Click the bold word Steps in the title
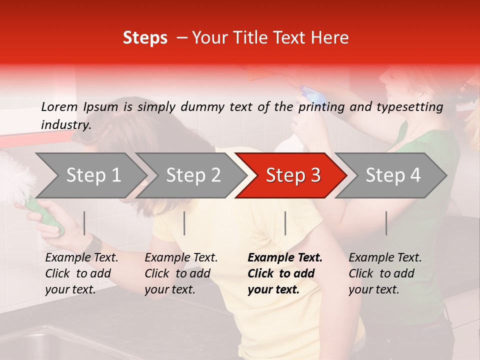pyautogui.click(x=145, y=38)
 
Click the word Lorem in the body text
pyautogui.click(x=59, y=106)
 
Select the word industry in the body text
pyautogui.click(x=65, y=125)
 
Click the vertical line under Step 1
pyautogui.click(x=84, y=223)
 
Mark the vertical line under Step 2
pyautogui.click(x=184, y=223)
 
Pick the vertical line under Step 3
pyautogui.click(x=285, y=223)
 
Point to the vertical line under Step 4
pyautogui.click(x=386, y=223)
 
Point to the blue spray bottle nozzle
pyautogui.click(x=306, y=92)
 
